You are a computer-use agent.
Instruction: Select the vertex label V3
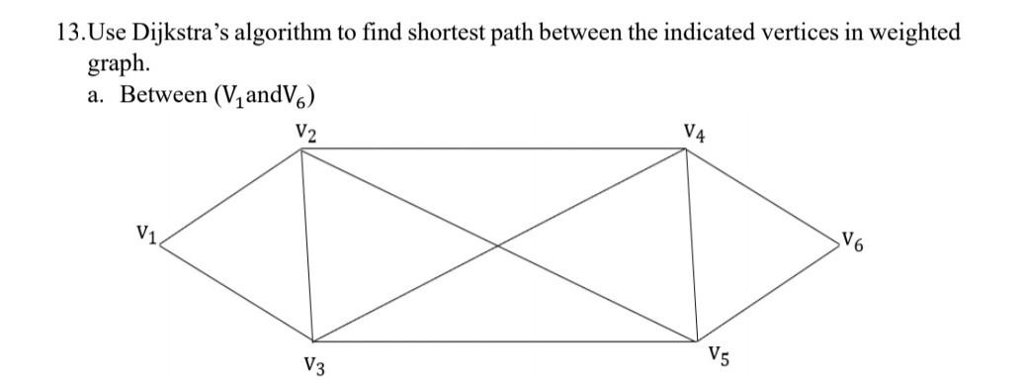pos(316,367)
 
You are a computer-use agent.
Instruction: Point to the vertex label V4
pos(695,132)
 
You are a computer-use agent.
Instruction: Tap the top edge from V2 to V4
pos(494,149)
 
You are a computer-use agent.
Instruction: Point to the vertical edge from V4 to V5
pos(693,247)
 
